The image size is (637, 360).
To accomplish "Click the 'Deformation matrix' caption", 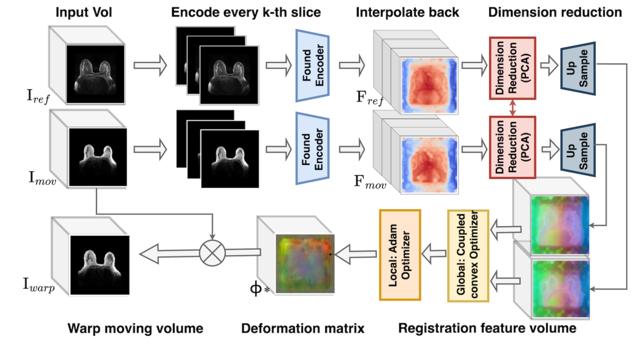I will [302, 328].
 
